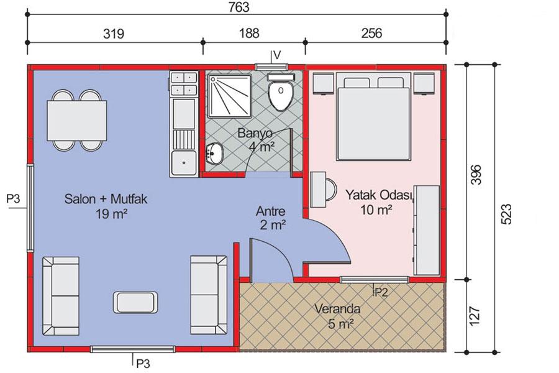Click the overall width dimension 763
[239, 7]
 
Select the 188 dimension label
[249, 33]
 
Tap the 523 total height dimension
[506, 214]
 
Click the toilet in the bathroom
[281, 93]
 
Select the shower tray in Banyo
[229, 95]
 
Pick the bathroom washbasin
[214, 154]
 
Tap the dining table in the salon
[76, 121]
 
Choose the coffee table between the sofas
[135, 302]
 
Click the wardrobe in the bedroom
[426, 230]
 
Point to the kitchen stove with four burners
[184, 83]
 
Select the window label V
[277, 55]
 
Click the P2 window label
[380, 293]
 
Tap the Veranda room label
[337, 309]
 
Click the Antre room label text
[271, 211]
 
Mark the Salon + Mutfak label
[106, 198]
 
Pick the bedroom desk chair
[332, 190]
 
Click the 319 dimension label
[114, 34]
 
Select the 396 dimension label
[476, 175]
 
